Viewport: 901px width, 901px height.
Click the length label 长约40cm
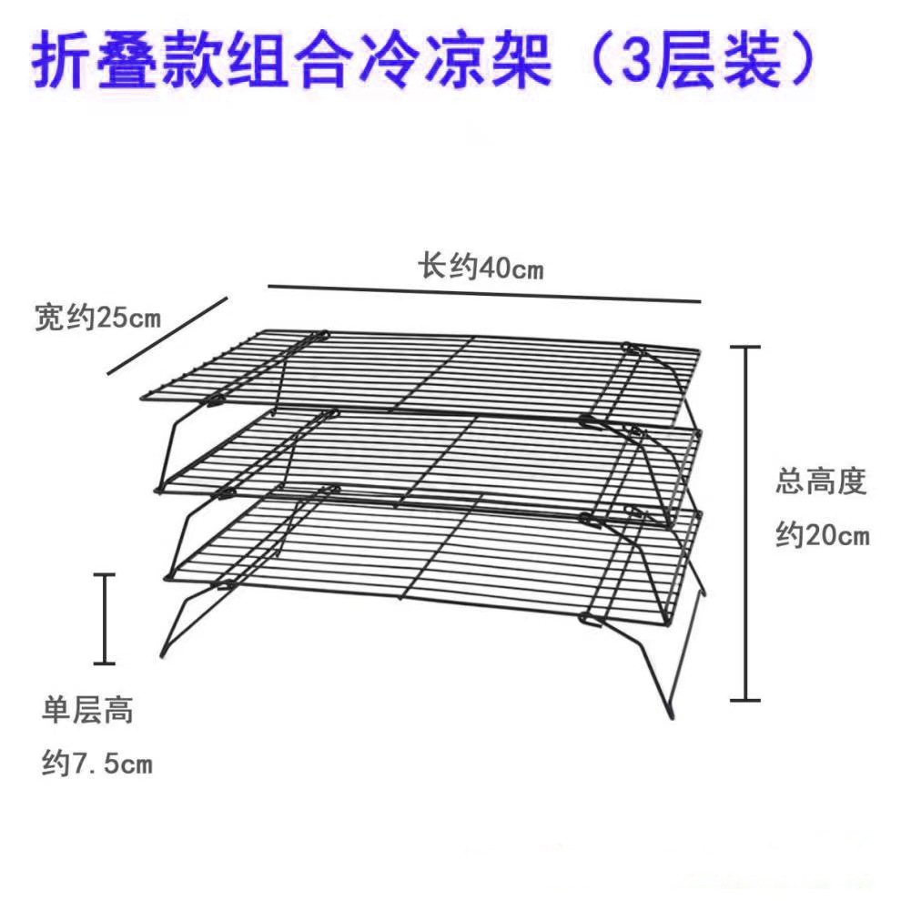[480, 268]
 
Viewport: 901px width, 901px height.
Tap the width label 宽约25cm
[97, 318]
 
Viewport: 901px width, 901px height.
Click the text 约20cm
[822, 534]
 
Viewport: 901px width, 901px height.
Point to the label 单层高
[87, 710]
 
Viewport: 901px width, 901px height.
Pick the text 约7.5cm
[96, 763]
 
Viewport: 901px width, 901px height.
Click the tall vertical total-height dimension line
[746, 523]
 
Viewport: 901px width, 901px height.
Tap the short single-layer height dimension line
[106, 618]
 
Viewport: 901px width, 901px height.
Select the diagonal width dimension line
[166, 335]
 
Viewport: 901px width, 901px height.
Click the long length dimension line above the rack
[483, 293]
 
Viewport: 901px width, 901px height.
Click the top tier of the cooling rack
[428, 373]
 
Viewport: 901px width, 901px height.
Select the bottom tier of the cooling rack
[428, 546]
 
